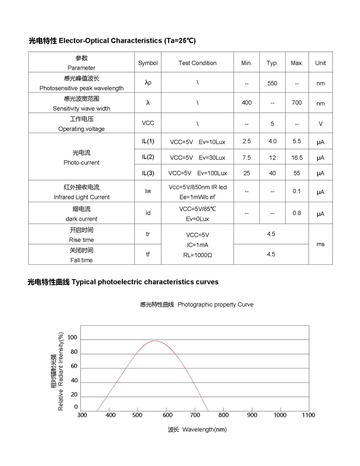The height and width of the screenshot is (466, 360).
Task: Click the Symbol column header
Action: (148, 63)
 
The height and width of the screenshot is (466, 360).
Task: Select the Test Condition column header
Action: (197, 63)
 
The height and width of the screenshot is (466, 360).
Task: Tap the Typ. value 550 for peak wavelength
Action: (272, 83)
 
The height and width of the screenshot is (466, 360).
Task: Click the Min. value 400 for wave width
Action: (247, 103)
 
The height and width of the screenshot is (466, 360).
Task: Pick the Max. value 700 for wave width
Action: (297, 103)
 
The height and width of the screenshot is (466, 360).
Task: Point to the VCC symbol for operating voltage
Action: (148, 123)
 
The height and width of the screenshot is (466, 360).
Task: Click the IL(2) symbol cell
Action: (148, 157)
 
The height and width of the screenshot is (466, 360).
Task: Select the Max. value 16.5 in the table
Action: (297, 158)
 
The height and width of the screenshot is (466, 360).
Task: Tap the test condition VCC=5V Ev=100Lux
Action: (197, 173)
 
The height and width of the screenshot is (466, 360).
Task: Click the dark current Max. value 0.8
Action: (297, 213)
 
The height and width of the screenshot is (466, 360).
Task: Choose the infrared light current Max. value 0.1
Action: (297, 191)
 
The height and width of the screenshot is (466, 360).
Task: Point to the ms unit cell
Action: (321, 244)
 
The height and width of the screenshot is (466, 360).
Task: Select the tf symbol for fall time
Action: (148, 254)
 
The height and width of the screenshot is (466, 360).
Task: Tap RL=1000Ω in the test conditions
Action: (197, 255)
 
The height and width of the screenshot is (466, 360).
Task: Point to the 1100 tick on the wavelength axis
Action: (308, 415)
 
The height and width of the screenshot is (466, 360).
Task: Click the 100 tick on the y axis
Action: (72, 338)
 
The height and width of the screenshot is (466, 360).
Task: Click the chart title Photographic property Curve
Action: (216, 305)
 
